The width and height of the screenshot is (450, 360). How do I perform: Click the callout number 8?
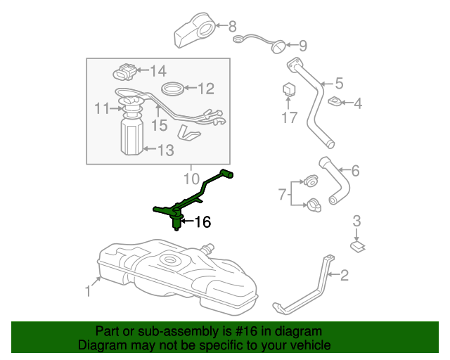(x=233, y=27)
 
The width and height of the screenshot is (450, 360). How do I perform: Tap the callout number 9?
(x=302, y=46)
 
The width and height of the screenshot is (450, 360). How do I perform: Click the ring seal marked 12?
(x=173, y=89)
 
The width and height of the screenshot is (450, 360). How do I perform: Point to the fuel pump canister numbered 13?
(x=131, y=136)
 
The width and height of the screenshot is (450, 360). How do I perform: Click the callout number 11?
(x=103, y=108)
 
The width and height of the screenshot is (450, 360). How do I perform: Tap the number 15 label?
(x=159, y=125)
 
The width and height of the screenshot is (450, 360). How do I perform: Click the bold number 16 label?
(x=201, y=223)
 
